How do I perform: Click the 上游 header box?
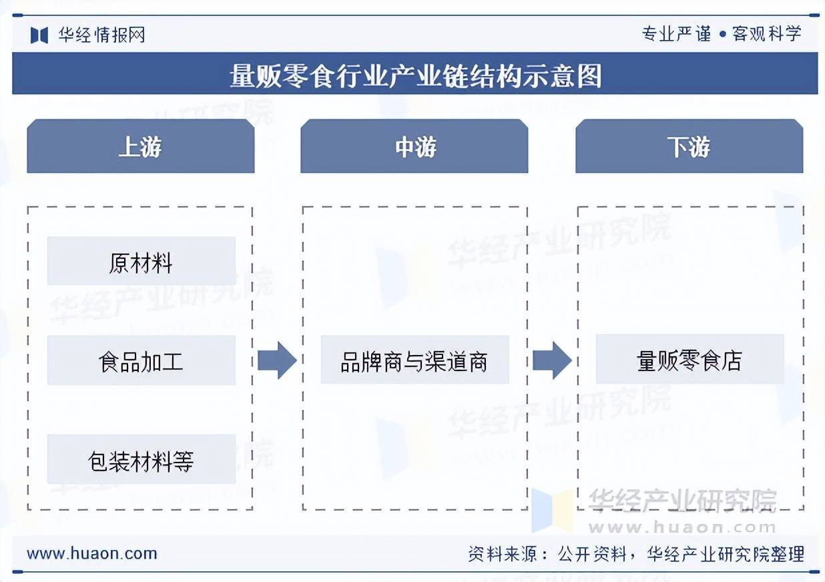tap(140, 146)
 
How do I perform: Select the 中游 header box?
tap(415, 146)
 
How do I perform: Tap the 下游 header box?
tap(689, 146)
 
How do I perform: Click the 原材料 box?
tap(141, 262)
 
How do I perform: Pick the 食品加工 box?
tap(141, 361)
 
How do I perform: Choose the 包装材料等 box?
tap(141, 460)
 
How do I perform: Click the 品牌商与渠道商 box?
tap(415, 361)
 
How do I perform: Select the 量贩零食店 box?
tap(690, 360)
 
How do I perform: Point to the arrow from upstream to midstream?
tap(276, 360)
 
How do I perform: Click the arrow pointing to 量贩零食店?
tap(551, 360)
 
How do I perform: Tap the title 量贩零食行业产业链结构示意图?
tap(415, 75)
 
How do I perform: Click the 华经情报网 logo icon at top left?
tap(39, 35)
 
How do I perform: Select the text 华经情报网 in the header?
tap(101, 35)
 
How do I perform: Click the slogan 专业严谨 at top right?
tap(676, 33)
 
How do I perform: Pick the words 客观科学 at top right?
tap(767, 33)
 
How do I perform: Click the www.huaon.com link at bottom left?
tap(92, 553)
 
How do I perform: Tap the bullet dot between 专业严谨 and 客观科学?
tap(722, 34)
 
